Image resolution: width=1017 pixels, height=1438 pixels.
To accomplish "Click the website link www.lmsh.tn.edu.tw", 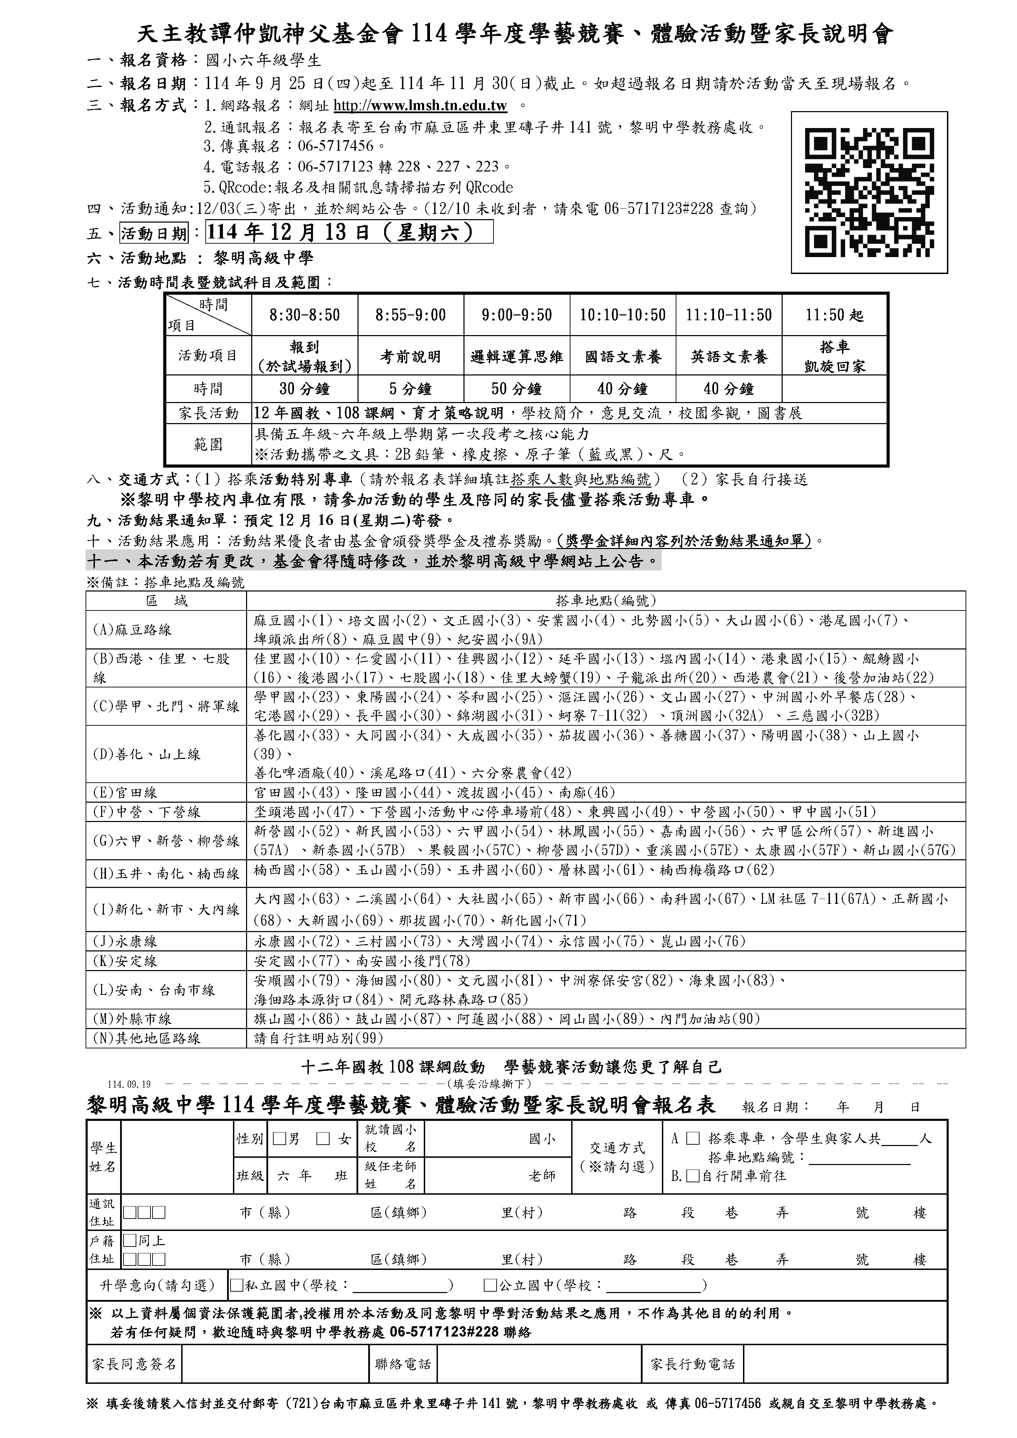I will click(420, 105).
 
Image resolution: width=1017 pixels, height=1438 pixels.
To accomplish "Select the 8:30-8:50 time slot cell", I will click(304, 315).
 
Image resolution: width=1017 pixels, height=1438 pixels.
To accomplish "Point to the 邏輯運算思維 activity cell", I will click(517, 356).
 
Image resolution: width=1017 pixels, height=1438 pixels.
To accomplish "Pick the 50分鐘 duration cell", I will click(517, 389).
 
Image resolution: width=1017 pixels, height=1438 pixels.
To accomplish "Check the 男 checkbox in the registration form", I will click(279, 1138).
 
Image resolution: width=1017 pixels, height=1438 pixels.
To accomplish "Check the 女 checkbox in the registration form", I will click(323, 1138).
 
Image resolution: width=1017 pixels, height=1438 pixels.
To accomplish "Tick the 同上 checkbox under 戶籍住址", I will click(130, 1240).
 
